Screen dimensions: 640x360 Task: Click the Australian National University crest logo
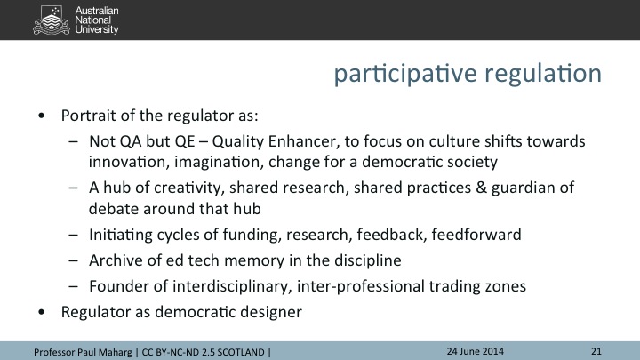(x=52, y=20)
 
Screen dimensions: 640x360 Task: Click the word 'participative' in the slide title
(x=405, y=74)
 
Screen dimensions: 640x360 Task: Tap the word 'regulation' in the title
(x=543, y=74)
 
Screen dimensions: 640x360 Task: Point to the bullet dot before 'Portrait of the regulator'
(x=41, y=116)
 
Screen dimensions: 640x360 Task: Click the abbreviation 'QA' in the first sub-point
(x=131, y=141)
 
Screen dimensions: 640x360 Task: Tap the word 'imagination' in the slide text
(x=219, y=162)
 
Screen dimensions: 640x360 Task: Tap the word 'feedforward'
(x=476, y=235)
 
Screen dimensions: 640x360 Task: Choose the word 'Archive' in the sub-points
(x=116, y=260)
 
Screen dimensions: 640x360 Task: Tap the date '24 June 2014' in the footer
(x=475, y=351)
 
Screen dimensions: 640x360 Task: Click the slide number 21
(x=596, y=351)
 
